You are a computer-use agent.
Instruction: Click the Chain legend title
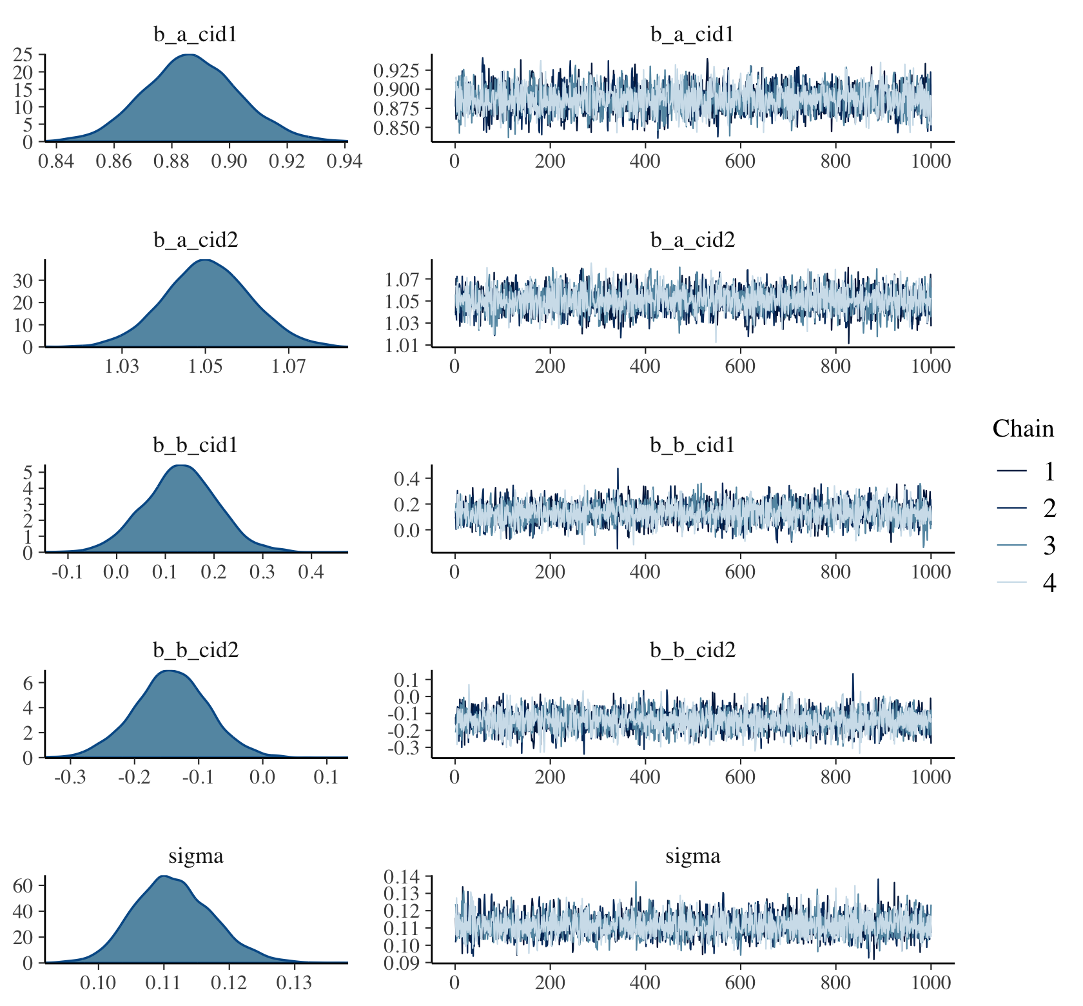click(1023, 429)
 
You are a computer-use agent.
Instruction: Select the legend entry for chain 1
click(1049, 472)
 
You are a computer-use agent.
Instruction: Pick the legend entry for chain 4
click(1049, 583)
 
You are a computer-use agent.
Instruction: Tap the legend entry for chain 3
click(1049, 546)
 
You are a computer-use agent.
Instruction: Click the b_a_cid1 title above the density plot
click(195, 35)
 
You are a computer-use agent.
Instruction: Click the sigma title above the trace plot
click(692, 856)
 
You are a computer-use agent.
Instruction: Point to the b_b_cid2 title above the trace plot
click(692, 650)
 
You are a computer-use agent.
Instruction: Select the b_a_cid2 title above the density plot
click(195, 241)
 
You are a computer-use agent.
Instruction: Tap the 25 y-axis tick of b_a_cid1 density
click(23, 55)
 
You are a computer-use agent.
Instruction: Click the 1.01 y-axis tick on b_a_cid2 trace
click(400, 346)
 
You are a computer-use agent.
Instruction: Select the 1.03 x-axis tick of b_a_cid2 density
click(122, 366)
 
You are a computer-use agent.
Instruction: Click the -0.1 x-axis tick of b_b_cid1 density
click(67, 572)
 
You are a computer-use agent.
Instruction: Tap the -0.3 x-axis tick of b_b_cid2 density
click(70, 777)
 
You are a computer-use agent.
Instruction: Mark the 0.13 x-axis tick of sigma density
click(295, 983)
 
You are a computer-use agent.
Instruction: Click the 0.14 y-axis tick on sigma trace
click(400, 877)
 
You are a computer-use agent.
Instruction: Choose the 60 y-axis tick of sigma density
click(23, 885)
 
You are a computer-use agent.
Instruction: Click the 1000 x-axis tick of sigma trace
click(930, 983)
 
